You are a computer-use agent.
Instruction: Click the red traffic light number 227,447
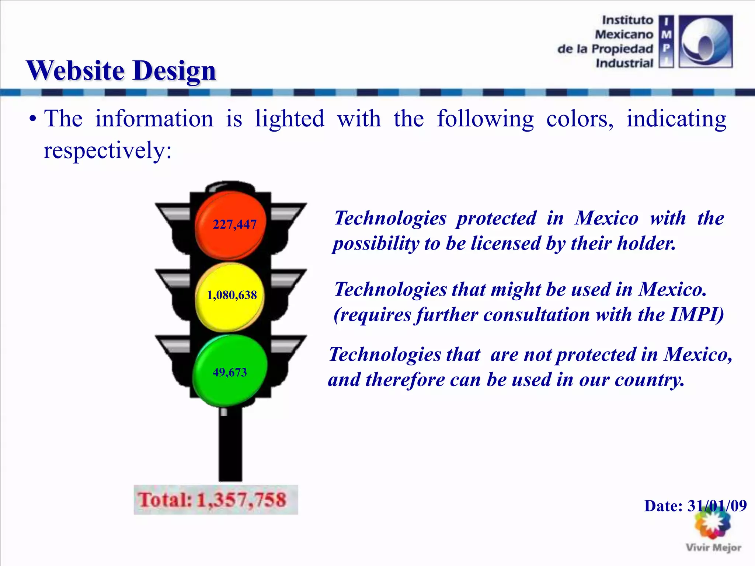pos(234,224)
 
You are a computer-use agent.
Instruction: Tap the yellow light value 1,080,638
pos(232,295)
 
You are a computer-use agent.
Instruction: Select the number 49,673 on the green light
pos(230,373)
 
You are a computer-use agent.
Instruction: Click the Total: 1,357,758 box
pos(216,500)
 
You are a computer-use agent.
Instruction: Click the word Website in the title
pos(75,70)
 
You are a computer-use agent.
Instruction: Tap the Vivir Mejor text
pos(713,548)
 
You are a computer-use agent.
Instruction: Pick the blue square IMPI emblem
pos(706,41)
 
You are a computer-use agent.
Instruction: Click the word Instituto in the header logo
pos(627,20)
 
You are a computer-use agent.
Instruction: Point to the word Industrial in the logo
pos(624,63)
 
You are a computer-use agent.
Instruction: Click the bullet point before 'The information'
pos(33,119)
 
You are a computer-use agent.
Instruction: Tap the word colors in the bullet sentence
pos(580,119)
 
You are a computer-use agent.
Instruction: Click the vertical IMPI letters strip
pos(666,41)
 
